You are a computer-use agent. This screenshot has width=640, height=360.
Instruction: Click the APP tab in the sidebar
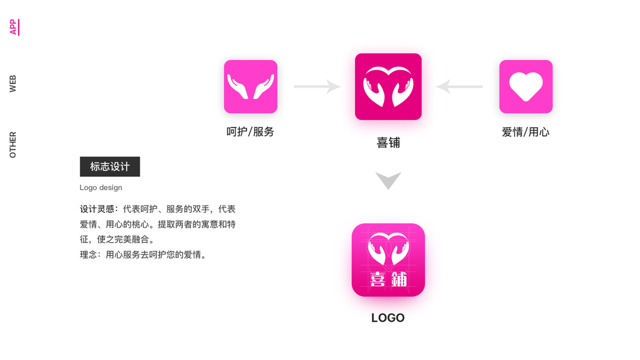point(13,27)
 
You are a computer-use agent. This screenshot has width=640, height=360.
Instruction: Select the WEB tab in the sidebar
point(13,84)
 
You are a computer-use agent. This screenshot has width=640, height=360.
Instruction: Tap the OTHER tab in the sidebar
point(13,145)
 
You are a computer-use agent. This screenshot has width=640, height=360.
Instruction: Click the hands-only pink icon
point(250,86)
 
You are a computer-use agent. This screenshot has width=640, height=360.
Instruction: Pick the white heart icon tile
point(525,86)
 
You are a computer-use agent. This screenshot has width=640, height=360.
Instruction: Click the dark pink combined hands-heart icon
point(388,86)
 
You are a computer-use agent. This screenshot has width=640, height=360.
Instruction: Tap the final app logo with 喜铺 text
point(388,260)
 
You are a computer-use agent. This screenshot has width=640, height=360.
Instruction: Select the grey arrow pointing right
point(317,86)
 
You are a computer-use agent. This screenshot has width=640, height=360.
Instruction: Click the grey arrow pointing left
point(459,86)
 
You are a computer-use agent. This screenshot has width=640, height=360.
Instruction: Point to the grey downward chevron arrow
point(388,180)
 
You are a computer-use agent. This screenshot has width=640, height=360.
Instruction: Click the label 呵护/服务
point(250,132)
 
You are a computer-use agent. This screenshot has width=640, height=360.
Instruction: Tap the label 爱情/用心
point(525,132)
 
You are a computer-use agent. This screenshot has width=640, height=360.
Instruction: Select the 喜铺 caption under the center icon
point(388,143)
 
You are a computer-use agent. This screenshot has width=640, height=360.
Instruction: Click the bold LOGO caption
point(387,318)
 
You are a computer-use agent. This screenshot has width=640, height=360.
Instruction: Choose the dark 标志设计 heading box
point(110,167)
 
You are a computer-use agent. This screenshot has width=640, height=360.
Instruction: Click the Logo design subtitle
point(101,188)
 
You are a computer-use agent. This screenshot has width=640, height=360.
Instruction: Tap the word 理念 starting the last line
point(89,255)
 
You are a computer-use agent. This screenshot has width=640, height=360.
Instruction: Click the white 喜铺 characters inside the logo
point(388,279)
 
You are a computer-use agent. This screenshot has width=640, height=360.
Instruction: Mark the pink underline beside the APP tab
point(19,27)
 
